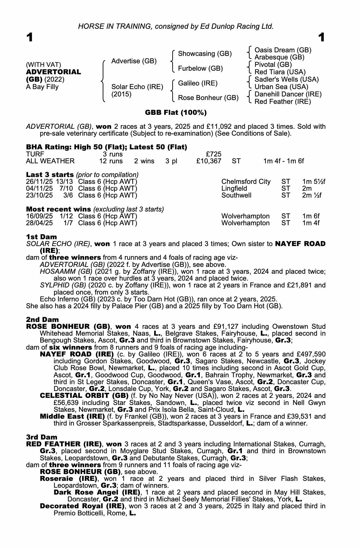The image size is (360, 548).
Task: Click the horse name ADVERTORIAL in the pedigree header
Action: click(x=53, y=72)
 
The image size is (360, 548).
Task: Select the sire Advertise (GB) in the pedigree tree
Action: click(x=134, y=61)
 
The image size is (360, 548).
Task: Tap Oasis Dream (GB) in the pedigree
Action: click(x=283, y=50)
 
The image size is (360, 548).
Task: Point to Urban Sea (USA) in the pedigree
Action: click(x=281, y=87)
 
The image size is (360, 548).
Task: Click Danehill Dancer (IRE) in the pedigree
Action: click(x=288, y=94)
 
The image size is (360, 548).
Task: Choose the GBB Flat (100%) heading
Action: click(x=176, y=112)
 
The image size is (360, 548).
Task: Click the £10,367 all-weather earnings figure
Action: click(x=209, y=161)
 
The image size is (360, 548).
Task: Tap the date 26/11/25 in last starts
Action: click(x=39, y=182)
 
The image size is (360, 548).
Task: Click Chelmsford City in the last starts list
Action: click(x=246, y=182)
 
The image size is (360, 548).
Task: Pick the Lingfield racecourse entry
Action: click(x=234, y=189)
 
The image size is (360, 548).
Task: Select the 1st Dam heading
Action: click(x=41, y=237)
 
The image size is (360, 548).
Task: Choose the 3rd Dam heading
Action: click(x=42, y=437)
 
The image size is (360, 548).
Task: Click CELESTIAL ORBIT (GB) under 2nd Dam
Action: click(x=84, y=396)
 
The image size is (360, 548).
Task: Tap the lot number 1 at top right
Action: click(x=322, y=37)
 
